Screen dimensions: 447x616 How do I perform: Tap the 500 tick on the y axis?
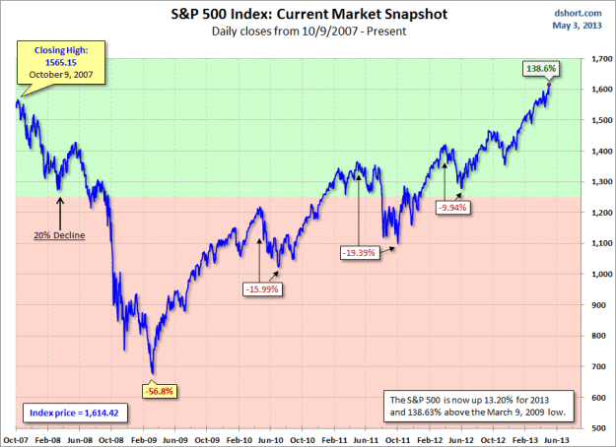click(x=596, y=428)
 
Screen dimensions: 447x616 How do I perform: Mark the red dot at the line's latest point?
click(x=549, y=85)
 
